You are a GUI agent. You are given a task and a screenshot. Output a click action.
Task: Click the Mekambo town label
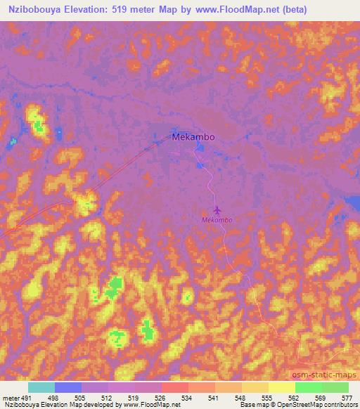pos(193,138)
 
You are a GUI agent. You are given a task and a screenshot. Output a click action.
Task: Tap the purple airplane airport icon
pos(217,210)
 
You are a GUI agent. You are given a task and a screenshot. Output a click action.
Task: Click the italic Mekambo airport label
pos(217,220)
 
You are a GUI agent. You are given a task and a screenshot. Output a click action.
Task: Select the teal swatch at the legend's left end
pos(41,387)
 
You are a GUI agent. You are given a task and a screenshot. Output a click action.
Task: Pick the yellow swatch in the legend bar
pos(281,387)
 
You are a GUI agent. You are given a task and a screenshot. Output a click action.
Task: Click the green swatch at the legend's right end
pos(335,387)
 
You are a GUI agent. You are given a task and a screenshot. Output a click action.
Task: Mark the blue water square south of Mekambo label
pos(200,165)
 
